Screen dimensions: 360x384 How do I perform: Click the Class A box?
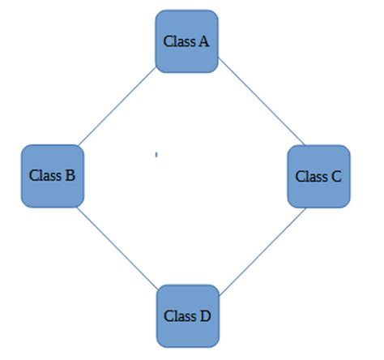coord(187,41)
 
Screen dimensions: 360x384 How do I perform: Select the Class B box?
coord(52,174)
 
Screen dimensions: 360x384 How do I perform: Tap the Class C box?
coord(318,175)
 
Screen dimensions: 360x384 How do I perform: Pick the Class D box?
coord(187,315)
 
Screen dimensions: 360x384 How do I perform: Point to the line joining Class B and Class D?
coord(117,246)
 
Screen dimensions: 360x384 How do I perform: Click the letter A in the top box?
coord(203,41)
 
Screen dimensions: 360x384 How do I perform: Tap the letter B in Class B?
coord(70,174)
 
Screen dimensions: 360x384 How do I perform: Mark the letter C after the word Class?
coord(335,176)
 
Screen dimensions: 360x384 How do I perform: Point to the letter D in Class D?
coord(204,315)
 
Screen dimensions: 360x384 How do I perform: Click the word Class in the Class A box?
coord(179,41)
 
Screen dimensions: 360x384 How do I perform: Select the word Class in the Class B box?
coord(45,174)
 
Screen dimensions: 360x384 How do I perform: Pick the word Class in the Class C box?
coord(311,176)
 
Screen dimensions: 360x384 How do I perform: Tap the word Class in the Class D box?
coord(180,315)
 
